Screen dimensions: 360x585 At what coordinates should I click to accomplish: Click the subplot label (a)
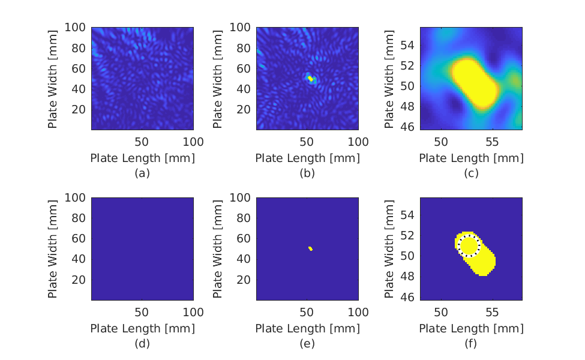pyautogui.click(x=142, y=173)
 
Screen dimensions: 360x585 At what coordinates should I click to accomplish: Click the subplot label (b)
pyautogui.click(x=307, y=173)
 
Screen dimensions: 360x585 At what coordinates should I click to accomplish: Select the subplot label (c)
pyautogui.click(x=471, y=173)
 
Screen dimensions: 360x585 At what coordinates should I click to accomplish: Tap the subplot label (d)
pyautogui.click(x=142, y=344)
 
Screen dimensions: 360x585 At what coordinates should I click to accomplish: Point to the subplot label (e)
pyautogui.click(x=307, y=344)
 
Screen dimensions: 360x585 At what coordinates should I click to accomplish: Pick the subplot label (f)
pyautogui.click(x=471, y=344)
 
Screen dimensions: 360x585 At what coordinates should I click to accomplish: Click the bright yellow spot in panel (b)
pyautogui.click(x=310, y=79)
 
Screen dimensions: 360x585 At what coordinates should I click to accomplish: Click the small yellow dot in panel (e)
pyautogui.click(x=310, y=248)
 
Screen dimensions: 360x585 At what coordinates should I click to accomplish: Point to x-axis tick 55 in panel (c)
pyautogui.click(x=492, y=142)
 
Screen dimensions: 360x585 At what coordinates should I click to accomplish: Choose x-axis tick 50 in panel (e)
pyautogui.click(x=306, y=313)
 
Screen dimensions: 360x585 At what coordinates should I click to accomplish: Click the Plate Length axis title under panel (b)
pyautogui.click(x=307, y=158)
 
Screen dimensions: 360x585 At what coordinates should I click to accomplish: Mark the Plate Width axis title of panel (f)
pyautogui.click(x=389, y=248)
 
